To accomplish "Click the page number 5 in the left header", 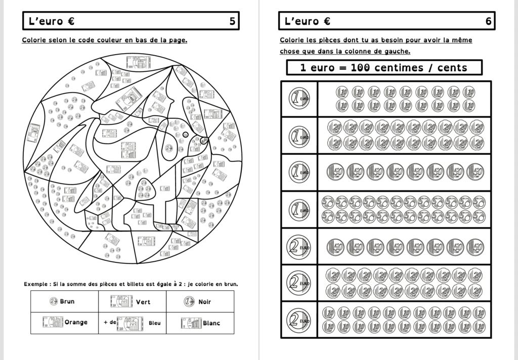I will tap(232, 21).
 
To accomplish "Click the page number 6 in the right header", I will tap(488, 21).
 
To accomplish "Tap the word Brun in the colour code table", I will tap(67, 302).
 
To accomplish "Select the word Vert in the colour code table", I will tap(143, 302).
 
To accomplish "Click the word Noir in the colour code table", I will tap(205, 302).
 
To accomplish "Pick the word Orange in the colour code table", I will tap(76, 322).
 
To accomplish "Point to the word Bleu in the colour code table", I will tap(155, 323).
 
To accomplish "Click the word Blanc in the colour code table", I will tap(211, 323).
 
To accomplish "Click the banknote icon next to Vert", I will tap(121, 302).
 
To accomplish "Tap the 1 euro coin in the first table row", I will tap(299, 99).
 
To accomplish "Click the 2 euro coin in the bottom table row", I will tap(299, 320).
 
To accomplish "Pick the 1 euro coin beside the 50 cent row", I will tap(299, 172).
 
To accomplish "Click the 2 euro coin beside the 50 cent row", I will tap(299, 246).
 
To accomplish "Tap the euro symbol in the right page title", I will tap(327, 21).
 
